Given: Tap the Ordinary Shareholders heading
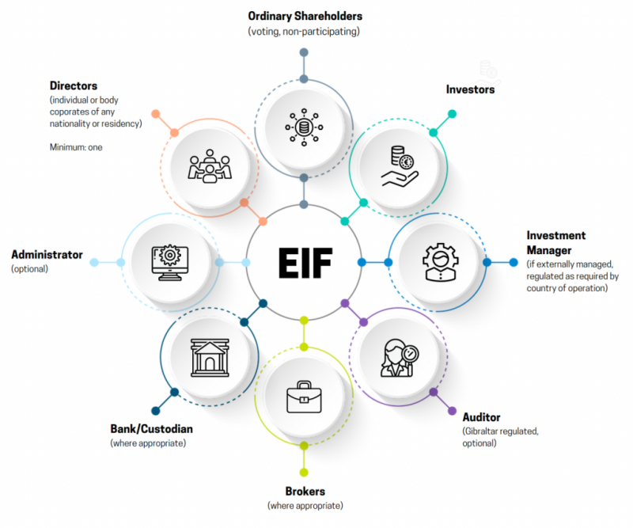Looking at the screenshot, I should click(305, 16).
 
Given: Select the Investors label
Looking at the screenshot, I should click(470, 89).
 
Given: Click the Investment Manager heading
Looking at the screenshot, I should click(556, 241).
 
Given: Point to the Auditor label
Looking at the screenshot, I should click(481, 417).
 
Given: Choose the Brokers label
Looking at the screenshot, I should click(305, 492).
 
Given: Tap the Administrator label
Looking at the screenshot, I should click(47, 255).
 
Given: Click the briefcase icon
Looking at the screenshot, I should click(305, 397).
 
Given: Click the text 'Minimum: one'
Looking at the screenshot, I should click(76, 147).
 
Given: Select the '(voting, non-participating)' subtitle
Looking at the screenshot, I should click(305, 31).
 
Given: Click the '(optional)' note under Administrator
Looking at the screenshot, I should click(30, 269).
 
